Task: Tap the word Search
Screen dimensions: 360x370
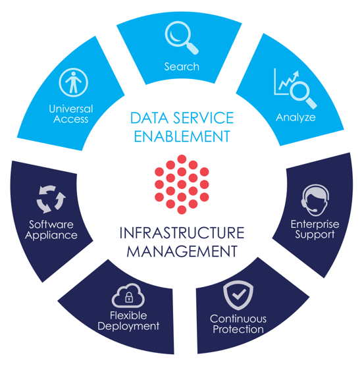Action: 182,66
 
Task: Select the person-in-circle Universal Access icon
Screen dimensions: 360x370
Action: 73,82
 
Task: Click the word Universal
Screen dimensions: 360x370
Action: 71,109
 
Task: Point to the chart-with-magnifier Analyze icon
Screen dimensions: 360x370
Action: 294,88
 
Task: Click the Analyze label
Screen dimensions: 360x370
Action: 296,117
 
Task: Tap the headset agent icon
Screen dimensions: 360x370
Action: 315,200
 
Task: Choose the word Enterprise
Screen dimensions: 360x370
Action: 315,224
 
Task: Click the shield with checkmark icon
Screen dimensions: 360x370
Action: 238,295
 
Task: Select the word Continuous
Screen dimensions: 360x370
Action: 238,319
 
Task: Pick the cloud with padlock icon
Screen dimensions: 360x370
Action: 128,296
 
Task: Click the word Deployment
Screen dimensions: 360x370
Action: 128,327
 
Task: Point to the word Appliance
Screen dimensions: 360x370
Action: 51,235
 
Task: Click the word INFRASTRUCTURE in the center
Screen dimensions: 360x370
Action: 182,232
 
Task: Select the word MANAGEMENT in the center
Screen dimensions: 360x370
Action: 182,251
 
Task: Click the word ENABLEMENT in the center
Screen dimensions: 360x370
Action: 182,136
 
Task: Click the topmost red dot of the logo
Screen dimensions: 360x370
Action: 182,159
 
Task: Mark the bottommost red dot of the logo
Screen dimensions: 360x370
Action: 182,209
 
